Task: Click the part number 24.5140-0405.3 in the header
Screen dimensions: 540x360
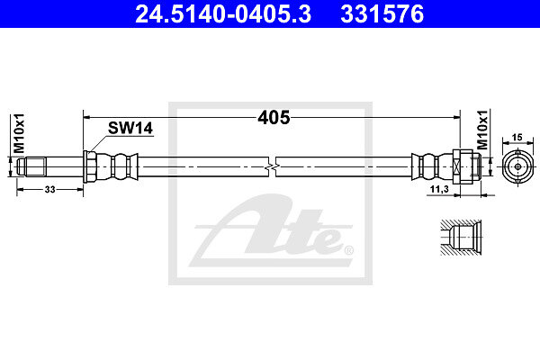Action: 223,14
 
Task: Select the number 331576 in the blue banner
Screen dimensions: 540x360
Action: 382,14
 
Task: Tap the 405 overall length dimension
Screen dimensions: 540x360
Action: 274,118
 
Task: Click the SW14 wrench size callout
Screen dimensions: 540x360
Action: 130,128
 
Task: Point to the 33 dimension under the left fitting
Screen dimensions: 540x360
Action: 49,190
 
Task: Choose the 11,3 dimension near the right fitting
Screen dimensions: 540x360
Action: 439,189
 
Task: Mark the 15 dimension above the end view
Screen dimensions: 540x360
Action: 517,138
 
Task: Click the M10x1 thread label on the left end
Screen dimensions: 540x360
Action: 19,133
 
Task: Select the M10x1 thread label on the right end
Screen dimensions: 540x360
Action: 482,130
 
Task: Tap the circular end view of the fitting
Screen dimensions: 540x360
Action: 517,167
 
